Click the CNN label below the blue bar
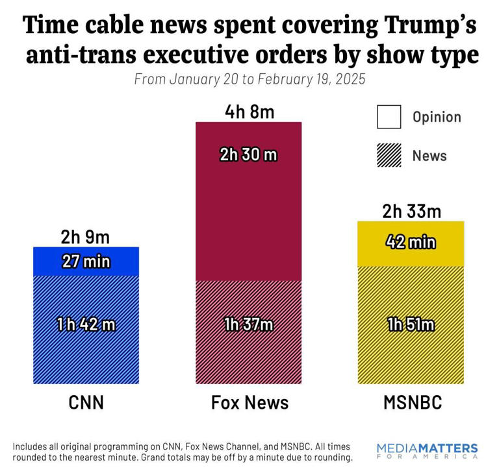tap(86, 403)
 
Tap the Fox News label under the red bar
tap(249, 403)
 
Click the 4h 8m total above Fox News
tap(249, 112)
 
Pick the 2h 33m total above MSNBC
tap(411, 212)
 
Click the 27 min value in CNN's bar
tap(86, 262)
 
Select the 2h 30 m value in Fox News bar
tap(249, 155)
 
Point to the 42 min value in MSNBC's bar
tap(411, 243)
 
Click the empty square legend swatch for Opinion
tap(389, 117)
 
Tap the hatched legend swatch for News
tap(389, 156)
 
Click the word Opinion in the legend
tap(437, 117)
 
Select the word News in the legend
tap(429, 156)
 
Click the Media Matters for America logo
tap(427, 452)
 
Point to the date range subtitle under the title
tap(249, 80)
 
